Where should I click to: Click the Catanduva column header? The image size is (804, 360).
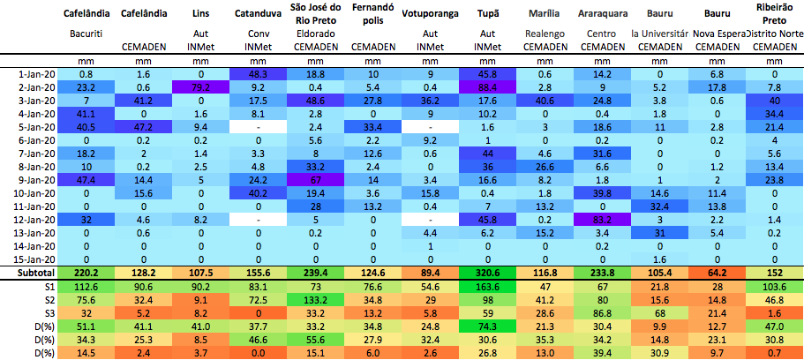pyautogui.click(x=252, y=15)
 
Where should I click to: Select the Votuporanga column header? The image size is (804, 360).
pyautogui.click(x=429, y=15)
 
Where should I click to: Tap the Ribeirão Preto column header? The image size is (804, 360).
pyautogui.click(x=774, y=15)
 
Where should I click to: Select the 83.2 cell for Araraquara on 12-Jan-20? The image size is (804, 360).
pyautogui.click(x=601, y=219)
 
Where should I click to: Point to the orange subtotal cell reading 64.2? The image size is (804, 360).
pyautogui.click(x=717, y=273)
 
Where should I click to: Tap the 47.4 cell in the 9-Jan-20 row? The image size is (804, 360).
pyautogui.click(x=86, y=179)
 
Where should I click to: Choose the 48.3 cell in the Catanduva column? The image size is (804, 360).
pyautogui.click(x=257, y=74)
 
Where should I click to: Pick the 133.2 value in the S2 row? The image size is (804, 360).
pyautogui.click(x=314, y=299)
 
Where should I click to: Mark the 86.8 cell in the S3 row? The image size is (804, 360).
pyautogui.click(x=601, y=312)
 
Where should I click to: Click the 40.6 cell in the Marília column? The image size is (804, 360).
pyautogui.click(x=544, y=101)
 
